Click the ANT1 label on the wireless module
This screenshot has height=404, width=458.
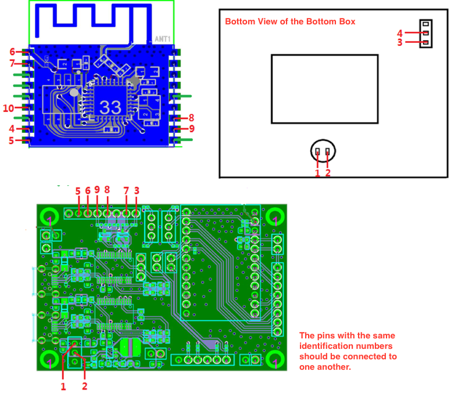(x=162, y=39)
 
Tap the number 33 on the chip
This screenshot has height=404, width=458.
(x=110, y=107)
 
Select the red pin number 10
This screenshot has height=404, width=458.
(x=8, y=108)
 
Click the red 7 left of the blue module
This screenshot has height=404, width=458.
(x=12, y=63)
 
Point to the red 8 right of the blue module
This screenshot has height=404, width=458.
(x=191, y=118)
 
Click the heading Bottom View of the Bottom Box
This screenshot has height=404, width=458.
(x=290, y=21)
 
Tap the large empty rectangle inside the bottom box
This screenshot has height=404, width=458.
(x=324, y=89)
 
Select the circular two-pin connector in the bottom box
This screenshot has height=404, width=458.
(x=323, y=151)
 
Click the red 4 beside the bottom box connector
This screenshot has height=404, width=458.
(x=400, y=33)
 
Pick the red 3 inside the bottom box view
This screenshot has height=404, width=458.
(x=400, y=42)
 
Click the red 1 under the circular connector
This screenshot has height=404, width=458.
(x=317, y=172)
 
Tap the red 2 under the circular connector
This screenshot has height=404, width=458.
(x=328, y=172)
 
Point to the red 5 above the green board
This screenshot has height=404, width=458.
(x=78, y=191)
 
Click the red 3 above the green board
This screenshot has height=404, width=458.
(x=137, y=190)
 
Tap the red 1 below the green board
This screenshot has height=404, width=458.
(x=63, y=385)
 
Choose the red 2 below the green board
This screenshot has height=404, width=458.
(x=85, y=385)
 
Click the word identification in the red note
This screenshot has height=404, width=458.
(x=327, y=346)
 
